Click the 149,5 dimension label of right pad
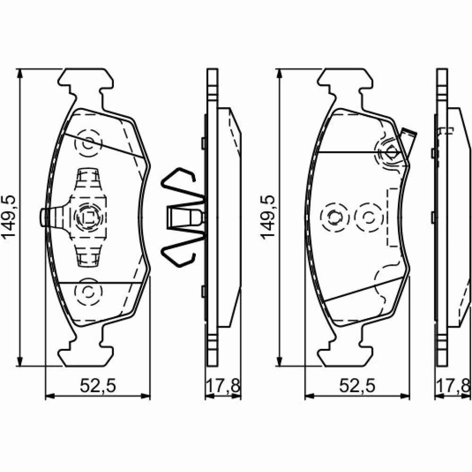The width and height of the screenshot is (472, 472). (268, 217)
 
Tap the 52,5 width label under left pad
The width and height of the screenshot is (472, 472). (98, 386)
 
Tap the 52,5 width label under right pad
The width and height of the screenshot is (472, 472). (357, 386)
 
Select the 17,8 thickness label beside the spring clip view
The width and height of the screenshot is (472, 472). (223, 386)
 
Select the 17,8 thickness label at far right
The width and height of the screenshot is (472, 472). (453, 386)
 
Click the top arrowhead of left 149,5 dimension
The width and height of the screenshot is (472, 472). (20, 74)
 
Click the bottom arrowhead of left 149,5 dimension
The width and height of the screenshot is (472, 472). (20, 361)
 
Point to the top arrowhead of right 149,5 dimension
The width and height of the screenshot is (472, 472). (279, 74)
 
